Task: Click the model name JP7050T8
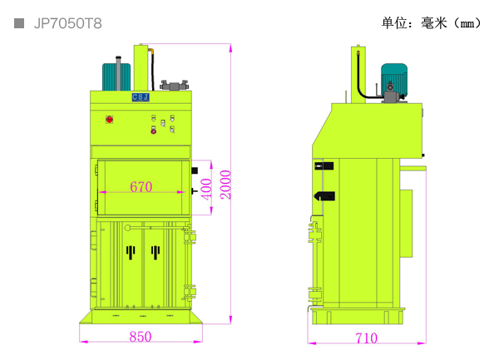(x=68, y=23)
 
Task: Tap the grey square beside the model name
(x=19, y=23)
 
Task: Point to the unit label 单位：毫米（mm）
(x=431, y=23)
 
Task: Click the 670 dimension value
(x=141, y=187)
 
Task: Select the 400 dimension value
(x=206, y=190)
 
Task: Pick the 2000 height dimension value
(x=225, y=185)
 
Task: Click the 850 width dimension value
(x=141, y=337)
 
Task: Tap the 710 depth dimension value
(x=367, y=338)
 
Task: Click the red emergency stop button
(x=109, y=120)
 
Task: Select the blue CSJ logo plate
(x=141, y=97)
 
